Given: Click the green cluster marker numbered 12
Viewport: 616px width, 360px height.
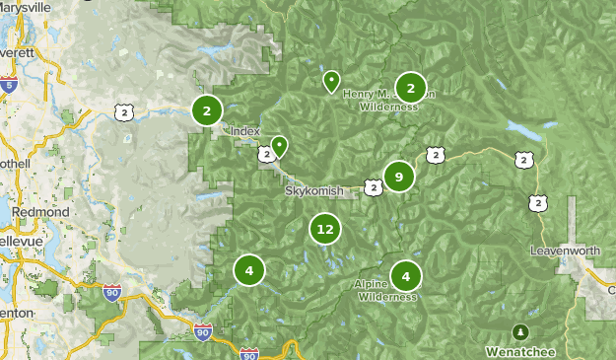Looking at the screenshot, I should tap(324, 230).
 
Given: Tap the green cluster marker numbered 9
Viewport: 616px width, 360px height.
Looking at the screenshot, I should tap(398, 177).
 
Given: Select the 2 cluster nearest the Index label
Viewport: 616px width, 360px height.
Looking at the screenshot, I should tap(206, 110).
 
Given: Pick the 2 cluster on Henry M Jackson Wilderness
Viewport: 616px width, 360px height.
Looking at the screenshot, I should tap(410, 88).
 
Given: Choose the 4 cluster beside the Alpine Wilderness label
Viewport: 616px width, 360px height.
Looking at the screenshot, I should tap(405, 276).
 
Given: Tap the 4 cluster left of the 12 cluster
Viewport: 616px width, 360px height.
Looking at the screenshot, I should tap(249, 269).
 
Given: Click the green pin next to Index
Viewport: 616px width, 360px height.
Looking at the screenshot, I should tap(279, 146).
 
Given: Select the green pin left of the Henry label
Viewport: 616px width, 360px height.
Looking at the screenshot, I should tap(331, 80).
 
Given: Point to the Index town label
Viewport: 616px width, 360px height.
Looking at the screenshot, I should tap(244, 131).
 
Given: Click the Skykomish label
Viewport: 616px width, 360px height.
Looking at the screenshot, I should tap(314, 190).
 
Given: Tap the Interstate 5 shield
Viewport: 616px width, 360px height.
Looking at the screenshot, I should tap(8, 86).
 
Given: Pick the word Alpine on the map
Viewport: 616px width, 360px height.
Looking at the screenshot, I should tap(370, 284).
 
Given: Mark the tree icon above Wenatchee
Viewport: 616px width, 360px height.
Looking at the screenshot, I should tap(519, 330).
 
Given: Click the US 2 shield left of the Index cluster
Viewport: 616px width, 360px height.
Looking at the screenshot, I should tap(123, 112).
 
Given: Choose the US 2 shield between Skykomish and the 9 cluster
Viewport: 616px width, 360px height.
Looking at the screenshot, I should tap(372, 185).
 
